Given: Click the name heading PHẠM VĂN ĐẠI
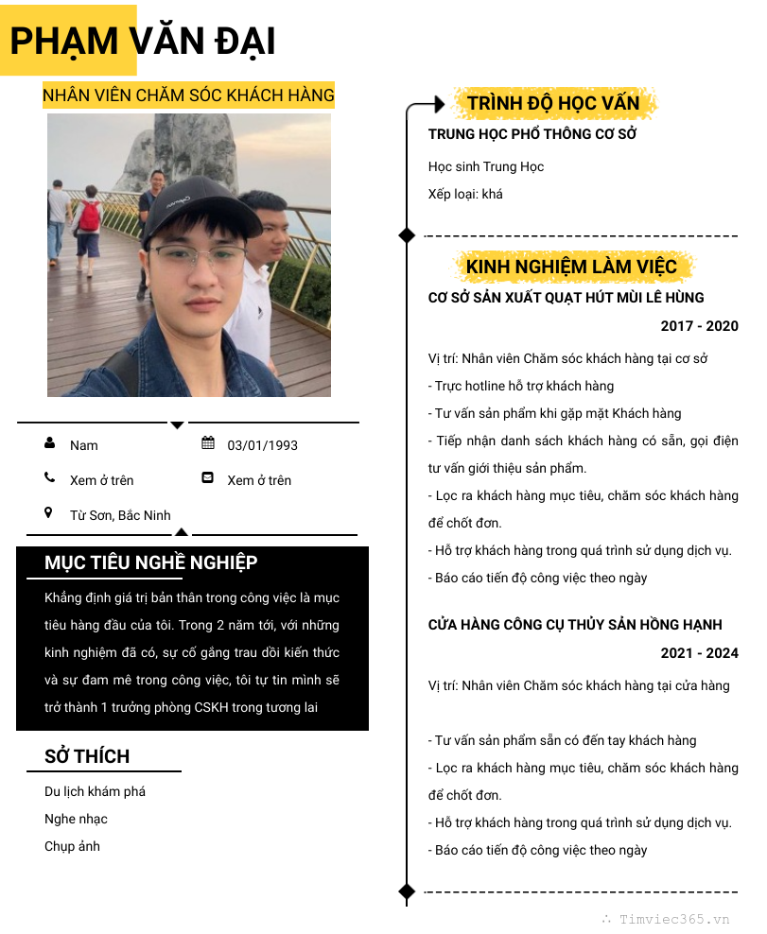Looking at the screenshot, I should click(x=142, y=42).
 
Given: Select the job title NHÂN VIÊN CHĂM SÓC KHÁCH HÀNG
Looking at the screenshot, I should click(x=188, y=95).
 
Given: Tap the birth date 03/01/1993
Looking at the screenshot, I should click(x=262, y=445).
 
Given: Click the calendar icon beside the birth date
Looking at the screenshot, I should click(x=208, y=443).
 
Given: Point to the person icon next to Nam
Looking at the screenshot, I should click(x=49, y=443).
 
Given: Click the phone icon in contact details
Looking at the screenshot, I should click(x=49, y=478).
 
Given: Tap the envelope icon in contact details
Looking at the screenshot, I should click(x=208, y=478).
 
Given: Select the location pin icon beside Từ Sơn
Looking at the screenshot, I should click(x=49, y=513).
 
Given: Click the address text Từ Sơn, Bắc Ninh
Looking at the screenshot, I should click(x=120, y=515).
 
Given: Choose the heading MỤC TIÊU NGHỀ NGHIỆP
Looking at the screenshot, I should click(x=150, y=563).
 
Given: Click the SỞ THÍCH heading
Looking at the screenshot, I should click(x=87, y=756).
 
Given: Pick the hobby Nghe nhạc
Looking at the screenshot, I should click(x=76, y=819).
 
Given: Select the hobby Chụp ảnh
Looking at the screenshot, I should click(x=72, y=846).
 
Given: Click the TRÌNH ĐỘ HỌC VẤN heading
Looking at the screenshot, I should click(x=553, y=103).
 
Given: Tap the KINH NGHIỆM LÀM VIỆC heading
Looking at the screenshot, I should click(x=571, y=267).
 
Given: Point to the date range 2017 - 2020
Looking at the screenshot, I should click(x=699, y=326).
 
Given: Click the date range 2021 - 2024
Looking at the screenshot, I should click(x=699, y=653).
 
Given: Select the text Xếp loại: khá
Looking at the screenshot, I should click(x=465, y=194).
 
